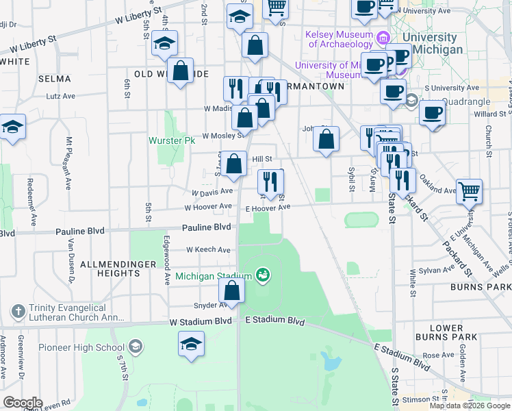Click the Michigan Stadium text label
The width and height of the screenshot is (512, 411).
[214, 276]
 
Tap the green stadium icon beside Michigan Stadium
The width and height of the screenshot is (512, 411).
[261, 275]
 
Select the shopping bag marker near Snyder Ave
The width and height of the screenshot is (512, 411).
[233, 291]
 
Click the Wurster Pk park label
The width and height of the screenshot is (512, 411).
[172, 140]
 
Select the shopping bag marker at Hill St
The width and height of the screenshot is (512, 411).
[234, 164]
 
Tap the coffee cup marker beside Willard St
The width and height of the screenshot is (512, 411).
[431, 113]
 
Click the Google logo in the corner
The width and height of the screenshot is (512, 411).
[23, 402]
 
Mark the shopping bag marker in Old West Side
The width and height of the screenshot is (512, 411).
[181, 71]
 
